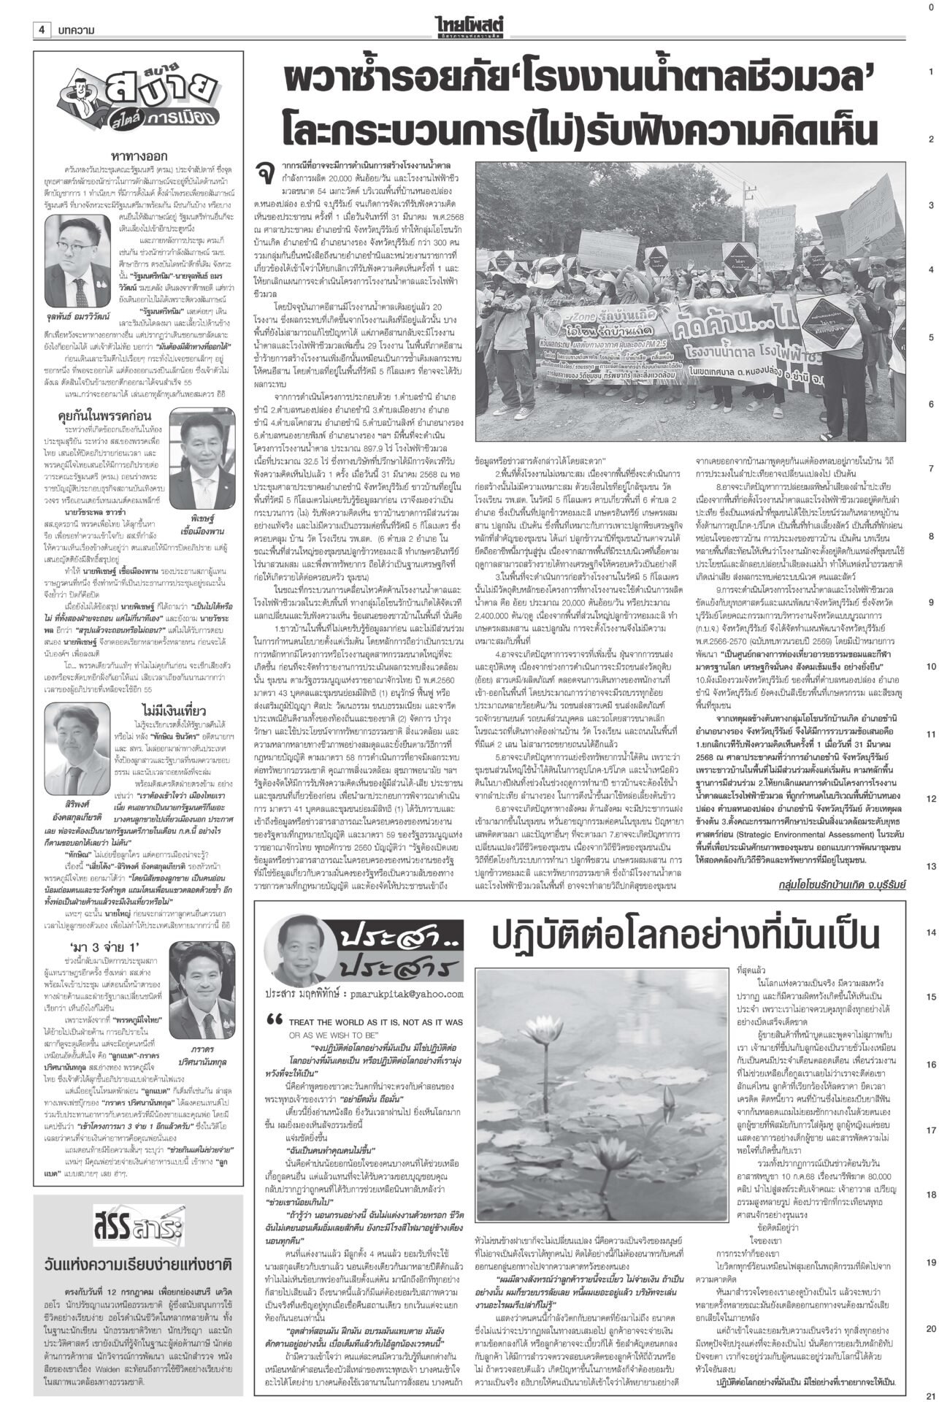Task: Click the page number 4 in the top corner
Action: (x=42, y=30)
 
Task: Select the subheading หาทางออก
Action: (x=139, y=156)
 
